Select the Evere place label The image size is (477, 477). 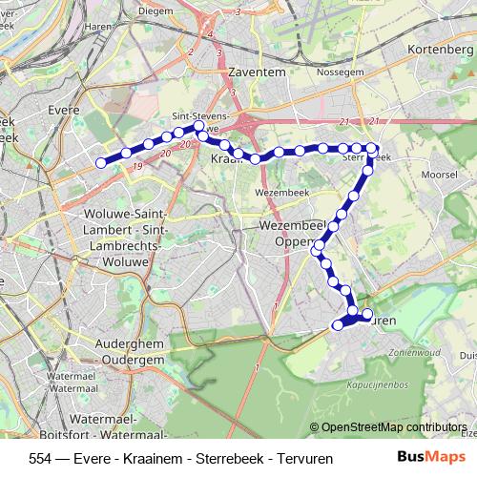pos(64,111)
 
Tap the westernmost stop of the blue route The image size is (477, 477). pos(101,162)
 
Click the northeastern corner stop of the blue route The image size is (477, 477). pos(374,150)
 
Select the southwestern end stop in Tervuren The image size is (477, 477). pos(337,325)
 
